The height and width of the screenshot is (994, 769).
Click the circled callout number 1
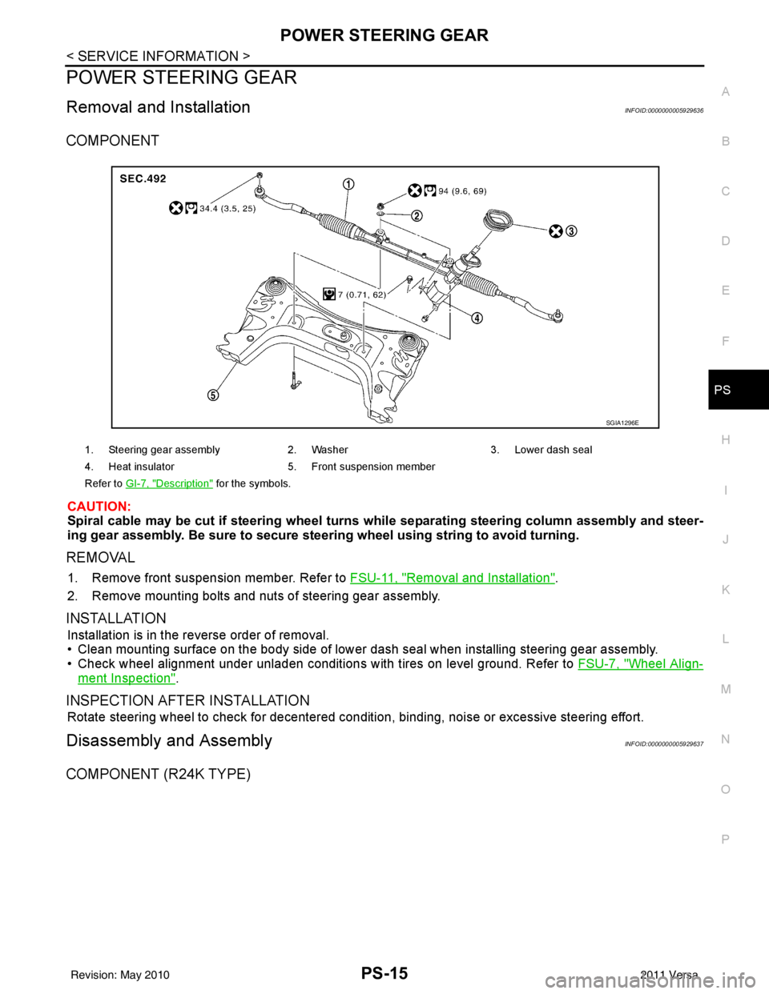[348, 183]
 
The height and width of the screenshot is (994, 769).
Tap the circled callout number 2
[417, 214]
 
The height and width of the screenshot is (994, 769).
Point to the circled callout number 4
[476, 317]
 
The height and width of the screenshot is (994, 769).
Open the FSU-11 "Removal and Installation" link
[452, 576]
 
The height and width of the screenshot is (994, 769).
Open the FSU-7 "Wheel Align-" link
[639, 663]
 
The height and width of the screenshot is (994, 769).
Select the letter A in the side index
[724, 92]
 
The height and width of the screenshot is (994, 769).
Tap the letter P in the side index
[724, 838]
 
